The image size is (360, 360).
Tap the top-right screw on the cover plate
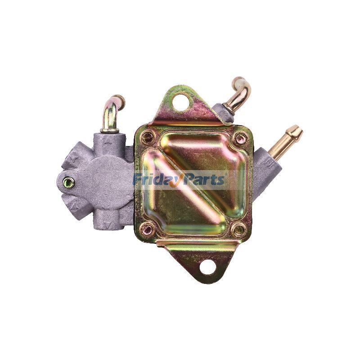pyautogui.click(x=240, y=138)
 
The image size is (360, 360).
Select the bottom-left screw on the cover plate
pyautogui.click(x=147, y=230)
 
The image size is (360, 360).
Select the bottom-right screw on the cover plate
pyautogui.click(x=238, y=230)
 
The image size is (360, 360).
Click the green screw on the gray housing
pyautogui.click(x=68, y=182)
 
